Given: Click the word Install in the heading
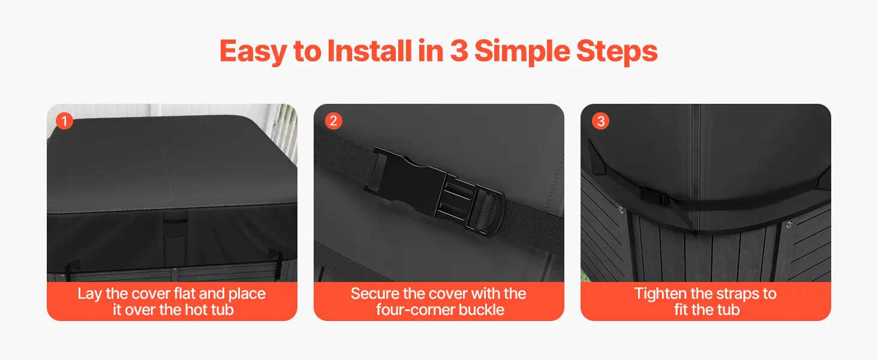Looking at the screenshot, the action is click(369, 51).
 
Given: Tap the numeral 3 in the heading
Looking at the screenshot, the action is click(459, 51).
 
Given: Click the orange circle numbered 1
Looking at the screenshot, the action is click(65, 121).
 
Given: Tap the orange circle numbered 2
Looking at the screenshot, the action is click(333, 121).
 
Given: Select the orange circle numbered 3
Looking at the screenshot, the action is click(600, 121).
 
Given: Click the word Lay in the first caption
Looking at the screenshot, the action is click(91, 294).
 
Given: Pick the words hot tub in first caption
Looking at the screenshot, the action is click(209, 310).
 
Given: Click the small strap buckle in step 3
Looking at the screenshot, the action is click(654, 196).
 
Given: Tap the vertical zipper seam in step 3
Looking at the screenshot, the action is click(695, 169).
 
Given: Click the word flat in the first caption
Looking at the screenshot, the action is click(185, 294).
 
